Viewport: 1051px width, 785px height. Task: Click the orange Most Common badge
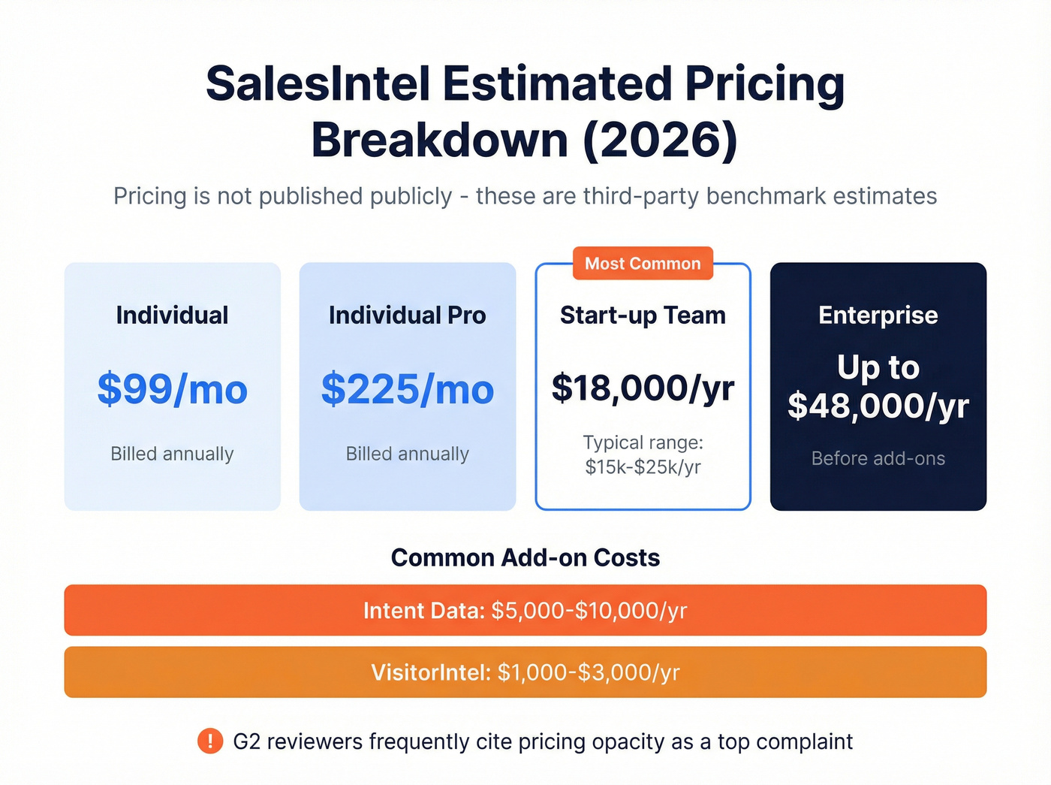(x=643, y=264)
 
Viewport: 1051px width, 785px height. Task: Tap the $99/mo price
(x=172, y=389)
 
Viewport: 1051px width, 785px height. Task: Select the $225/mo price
(x=408, y=389)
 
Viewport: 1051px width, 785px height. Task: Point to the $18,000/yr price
(x=643, y=388)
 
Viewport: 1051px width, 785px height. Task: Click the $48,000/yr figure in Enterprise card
(x=878, y=406)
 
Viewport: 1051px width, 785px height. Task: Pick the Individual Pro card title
(x=408, y=316)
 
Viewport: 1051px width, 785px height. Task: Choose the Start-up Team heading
(x=643, y=316)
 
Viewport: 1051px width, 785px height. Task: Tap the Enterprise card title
(x=878, y=316)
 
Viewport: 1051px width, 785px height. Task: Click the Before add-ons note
(x=878, y=458)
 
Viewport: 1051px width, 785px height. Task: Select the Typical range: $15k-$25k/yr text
(x=643, y=454)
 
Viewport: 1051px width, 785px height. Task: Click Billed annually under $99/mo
(x=172, y=454)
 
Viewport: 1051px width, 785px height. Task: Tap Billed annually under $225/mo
(x=408, y=454)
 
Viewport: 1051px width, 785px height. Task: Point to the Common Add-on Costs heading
(x=525, y=557)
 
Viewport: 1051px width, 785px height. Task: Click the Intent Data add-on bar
(x=525, y=610)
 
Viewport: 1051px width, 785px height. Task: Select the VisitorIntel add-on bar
(x=525, y=672)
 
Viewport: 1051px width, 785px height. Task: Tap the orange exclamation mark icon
(x=210, y=741)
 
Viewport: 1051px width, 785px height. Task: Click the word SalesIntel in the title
(x=318, y=83)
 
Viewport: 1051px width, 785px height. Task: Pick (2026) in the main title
(x=661, y=140)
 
